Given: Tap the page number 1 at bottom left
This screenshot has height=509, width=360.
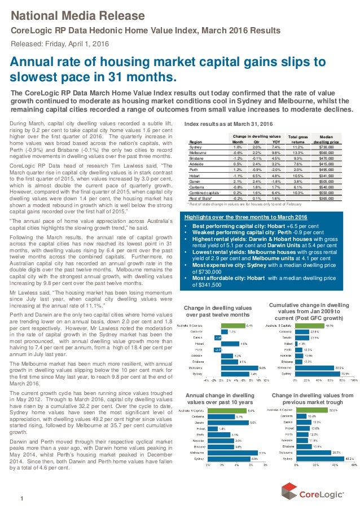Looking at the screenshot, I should (21, 497).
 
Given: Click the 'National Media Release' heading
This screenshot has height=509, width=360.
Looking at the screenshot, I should (78, 14).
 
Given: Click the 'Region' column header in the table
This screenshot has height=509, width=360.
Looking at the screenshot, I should (195, 142).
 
